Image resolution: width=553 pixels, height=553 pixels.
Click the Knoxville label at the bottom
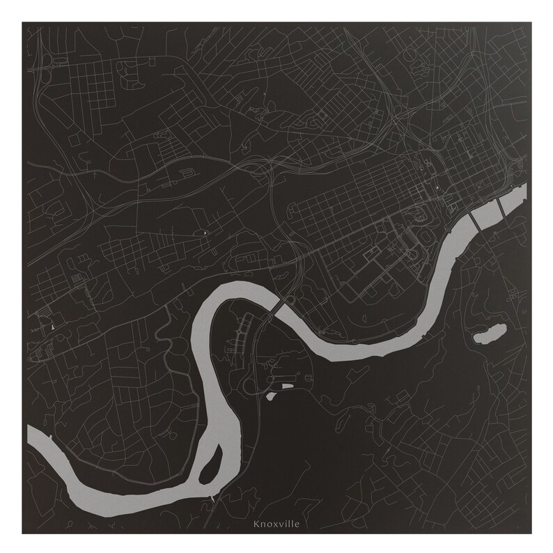[x=276, y=524]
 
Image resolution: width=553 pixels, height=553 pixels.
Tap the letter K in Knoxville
[x=257, y=524]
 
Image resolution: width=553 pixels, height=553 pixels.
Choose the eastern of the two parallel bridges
[x=501, y=207]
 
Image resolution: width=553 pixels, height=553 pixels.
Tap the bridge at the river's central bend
[x=276, y=307]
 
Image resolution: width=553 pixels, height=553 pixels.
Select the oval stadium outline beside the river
[x=421, y=218]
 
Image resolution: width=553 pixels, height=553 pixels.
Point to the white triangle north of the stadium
[x=437, y=187]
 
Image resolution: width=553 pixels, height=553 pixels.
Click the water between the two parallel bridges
[x=487, y=215]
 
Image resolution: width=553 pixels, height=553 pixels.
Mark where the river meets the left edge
[x=29, y=436]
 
